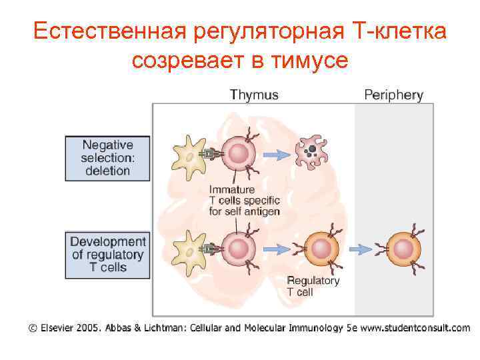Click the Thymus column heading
pos(254,95)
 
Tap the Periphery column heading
pos(393,95)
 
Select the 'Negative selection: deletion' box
pos(107,158)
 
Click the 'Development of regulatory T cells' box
pos(107,254)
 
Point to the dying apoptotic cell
pos(311,154)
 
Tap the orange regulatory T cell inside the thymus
pos(322,249)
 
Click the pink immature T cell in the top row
pos(237,155)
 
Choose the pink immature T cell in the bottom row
pos(237,249)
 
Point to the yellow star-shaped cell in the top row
pos(187,155)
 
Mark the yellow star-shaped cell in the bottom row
pos(187,249)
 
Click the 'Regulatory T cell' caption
pos(313,286)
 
